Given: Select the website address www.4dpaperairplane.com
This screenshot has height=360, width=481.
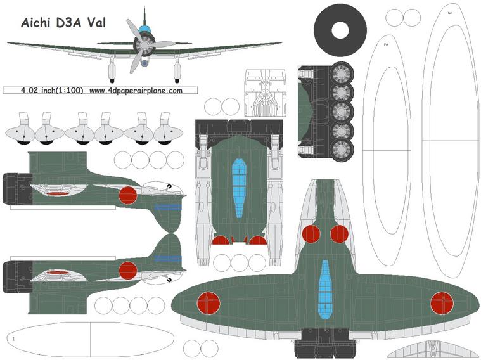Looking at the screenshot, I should pyautogui.click(x=136, y=91).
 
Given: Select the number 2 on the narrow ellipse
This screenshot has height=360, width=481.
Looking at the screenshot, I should pyautogui.click(x=385, y=44).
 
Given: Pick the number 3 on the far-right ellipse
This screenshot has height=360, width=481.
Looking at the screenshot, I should pyautogui.click(x=449, y=12).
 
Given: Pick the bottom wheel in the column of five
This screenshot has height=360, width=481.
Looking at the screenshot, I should pyautogui.click(x=343, y=150).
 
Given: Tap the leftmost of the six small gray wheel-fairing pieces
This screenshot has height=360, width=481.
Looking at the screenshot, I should pyautogui.click(x=20, y=130).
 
